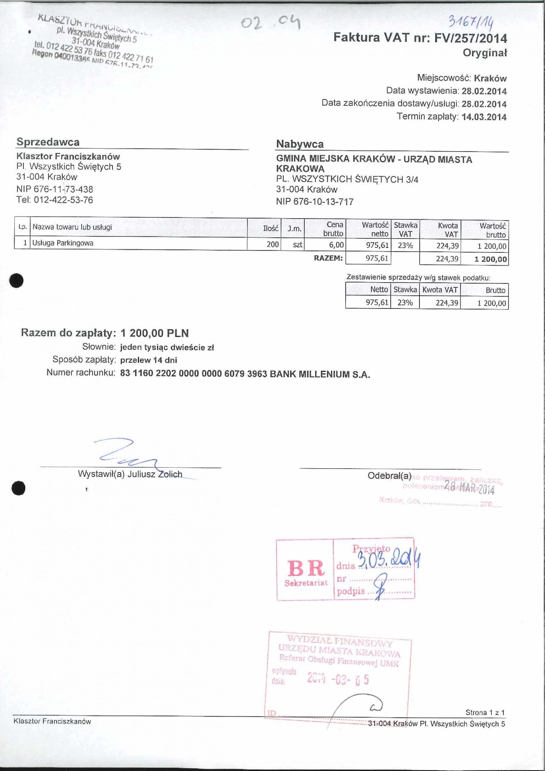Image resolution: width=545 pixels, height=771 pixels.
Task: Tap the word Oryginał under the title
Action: [485, 53]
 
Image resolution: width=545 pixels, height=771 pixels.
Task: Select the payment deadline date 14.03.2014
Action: [484, 117]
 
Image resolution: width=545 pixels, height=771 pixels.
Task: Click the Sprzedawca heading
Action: [48, 142]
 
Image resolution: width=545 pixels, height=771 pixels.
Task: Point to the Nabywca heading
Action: [300, 144]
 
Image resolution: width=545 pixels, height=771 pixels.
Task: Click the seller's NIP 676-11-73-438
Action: [55, 189]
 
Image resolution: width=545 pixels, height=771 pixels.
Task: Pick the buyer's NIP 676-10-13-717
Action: [315, 202]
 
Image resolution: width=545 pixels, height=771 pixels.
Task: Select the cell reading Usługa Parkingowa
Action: [63, 243]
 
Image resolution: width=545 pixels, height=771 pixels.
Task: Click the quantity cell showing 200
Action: [273, 244]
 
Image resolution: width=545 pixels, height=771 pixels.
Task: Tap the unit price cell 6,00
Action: [336, 245]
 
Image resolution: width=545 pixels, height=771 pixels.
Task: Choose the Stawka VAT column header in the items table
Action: [405, 229]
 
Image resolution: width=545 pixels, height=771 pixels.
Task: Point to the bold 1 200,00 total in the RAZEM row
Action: [490, 259]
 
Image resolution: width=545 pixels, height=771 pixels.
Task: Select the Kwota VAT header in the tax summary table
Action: [440, 289]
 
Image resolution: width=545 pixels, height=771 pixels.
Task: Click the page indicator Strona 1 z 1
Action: [485, 712]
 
